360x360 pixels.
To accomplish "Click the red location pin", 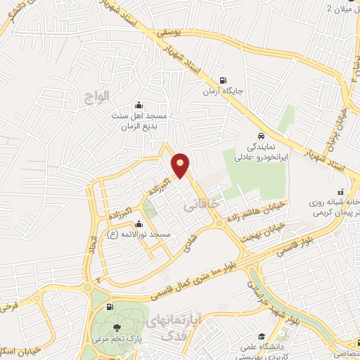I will [x=181, y=165].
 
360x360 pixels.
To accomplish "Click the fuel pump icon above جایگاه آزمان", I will [x=224, y=80].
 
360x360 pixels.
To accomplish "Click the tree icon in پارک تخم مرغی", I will [x=117, y=328].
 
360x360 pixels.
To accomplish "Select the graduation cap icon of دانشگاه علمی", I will [x=261, y=337].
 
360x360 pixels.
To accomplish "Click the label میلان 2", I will [x=341, y=8].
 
